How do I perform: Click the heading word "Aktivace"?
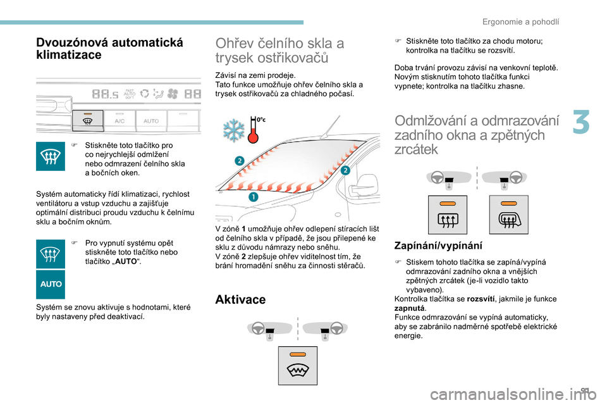pyautogui.click(x=240, y=299)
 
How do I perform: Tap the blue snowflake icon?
pyautogui.click(x=234, y=130)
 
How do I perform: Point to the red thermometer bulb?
pyautogui.click(x=253, y=137)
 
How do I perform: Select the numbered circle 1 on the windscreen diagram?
pyautogui.click(x=253, y=197)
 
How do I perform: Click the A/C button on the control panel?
pyautogui.click(x=120, y=121)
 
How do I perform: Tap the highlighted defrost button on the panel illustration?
pyautogui.click(x=88, y=120)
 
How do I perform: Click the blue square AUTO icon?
pyautogui.click(x=51, y=284)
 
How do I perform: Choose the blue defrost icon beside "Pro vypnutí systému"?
pyautogui.click(x=51, y=254)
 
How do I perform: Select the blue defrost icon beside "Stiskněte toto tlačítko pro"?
pyautogui.click(x=51, y=156)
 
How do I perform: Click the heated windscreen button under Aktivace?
pyautogui.click(x=298, y=366)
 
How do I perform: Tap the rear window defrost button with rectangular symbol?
pyautogui.click(x=448, y=215)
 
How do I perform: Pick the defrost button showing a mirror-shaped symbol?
pyautogui.click(x=508, y=215)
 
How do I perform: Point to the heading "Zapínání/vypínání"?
pyautogui.click(x=438, y=246)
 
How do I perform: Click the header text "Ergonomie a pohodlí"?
pyautogui.click(x=520, y=22)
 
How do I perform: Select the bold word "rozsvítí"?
pyautogui.click(x=481, y=299)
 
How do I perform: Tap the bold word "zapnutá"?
pyautogui.click(x=410, y=308)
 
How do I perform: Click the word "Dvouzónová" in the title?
pyautogui.click(x=70, y=42)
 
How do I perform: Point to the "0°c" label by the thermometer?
pyautogui.click(x=261, y=120)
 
